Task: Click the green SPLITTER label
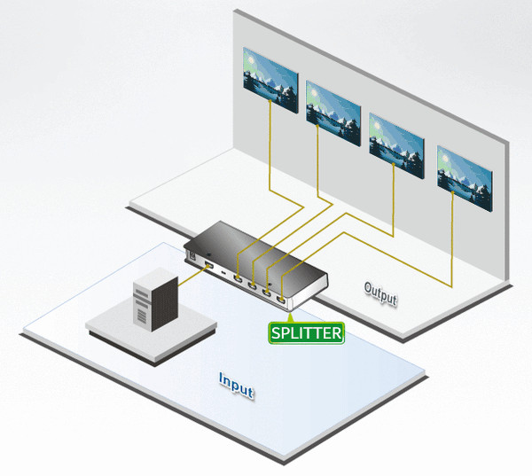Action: click(307, 332)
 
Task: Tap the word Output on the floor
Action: click(380, 293)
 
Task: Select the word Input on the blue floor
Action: click(236, 386)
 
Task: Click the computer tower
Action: click(156, 300)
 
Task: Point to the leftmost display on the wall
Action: click(270, 80)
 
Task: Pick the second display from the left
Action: click(333, 113)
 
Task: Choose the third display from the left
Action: click(396, 146)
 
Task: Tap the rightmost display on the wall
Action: click(465, 179)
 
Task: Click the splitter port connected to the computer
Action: click(209, 265)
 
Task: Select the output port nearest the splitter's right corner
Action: click(280, 300)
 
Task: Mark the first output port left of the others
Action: click(238, 279)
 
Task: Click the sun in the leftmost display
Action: click(251, 60)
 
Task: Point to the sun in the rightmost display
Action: click(445, 158)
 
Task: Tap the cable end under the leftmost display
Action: click(270, 100)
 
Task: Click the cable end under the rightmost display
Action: click(452, 192)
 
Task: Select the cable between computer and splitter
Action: click(192, 275)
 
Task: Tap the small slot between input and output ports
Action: click(223, 273)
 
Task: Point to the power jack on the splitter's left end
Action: click(192, 255)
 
